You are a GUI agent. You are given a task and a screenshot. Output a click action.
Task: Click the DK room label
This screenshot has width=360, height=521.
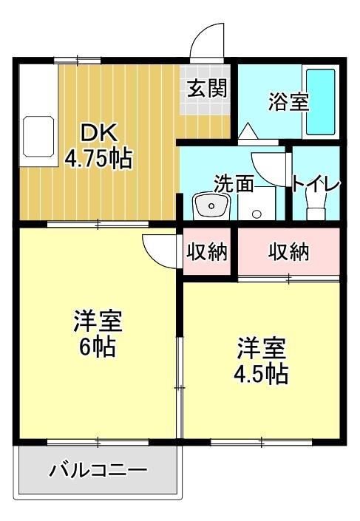point(98,134)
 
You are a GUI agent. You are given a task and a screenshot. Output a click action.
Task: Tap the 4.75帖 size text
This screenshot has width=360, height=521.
point(98,158)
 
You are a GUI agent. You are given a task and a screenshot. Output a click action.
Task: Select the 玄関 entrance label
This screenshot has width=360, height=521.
point(206,89)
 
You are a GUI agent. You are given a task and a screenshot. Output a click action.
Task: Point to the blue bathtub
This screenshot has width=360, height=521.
point(320,102)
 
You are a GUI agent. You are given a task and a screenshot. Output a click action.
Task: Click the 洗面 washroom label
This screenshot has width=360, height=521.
point(234,183)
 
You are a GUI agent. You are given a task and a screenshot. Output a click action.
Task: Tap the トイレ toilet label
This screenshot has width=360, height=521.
point(315,183)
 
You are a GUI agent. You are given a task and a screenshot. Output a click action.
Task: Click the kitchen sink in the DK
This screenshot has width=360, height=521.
point(39,136)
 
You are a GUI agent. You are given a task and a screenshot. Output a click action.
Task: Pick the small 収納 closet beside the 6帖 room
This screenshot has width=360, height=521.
point(205,252)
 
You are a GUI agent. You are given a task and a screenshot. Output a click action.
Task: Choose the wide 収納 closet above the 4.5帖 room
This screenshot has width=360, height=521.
point(288,252)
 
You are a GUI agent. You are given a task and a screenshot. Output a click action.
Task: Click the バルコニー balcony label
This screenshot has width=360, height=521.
point(98,470)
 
